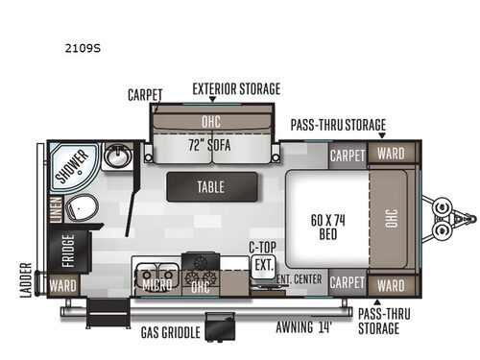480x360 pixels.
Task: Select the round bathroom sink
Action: click(121, 156)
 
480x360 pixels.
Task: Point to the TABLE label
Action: click(211, 187)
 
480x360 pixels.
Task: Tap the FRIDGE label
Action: click(68, 249)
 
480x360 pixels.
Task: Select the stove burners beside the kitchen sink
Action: click(200, 264)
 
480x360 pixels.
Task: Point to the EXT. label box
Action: click(263, 263)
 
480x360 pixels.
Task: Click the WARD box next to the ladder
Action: click(62, 285)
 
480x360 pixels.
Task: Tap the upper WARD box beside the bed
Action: click(390, 154)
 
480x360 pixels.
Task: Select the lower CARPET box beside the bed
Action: click(347, 284)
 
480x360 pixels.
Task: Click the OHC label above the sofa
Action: click(211, 122)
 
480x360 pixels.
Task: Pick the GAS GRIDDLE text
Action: click(169, 331)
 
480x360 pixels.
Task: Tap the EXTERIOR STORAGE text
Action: click(236, 88)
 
